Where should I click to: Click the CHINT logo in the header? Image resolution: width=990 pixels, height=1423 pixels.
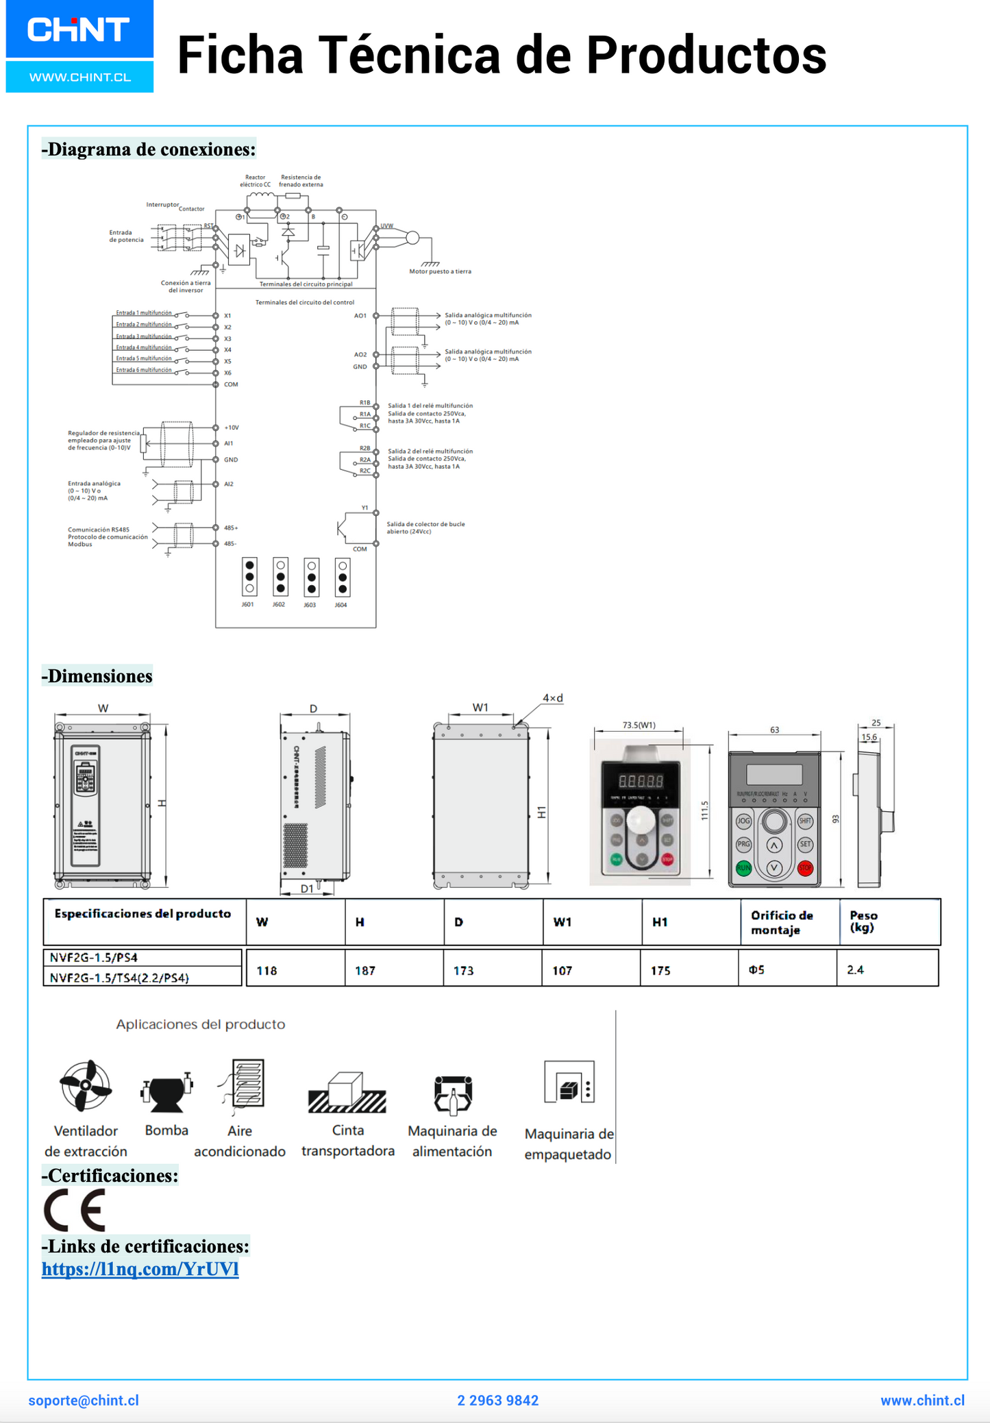(79, 31)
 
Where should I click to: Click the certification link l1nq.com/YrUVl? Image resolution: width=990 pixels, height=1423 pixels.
(140, 1269)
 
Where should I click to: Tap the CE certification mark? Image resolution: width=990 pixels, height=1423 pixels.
(75, 1210)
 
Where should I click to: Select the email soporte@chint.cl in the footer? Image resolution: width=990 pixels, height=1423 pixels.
(84, 1400)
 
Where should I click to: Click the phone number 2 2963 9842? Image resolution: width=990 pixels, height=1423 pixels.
(497, 1400)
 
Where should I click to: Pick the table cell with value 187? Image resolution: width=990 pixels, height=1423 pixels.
(365, 970)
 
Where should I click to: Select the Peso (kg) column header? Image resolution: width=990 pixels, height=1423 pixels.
(863, 921)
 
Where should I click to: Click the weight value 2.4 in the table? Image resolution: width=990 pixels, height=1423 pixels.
(855, 969)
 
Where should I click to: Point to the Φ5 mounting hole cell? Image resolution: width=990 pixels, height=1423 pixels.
(756, 969)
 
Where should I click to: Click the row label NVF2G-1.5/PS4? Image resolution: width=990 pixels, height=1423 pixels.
(94, 957)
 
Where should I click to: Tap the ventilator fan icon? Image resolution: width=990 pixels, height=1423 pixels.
(85, 1085)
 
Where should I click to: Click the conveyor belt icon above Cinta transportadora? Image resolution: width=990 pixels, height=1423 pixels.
(347, 1092)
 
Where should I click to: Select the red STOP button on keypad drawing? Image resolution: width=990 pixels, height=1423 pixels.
(805, 868)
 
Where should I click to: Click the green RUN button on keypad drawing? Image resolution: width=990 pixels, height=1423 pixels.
(743, 868)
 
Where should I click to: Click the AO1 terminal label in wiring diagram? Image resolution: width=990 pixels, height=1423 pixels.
(360, 316)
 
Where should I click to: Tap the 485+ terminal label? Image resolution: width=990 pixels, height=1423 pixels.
(231, 528)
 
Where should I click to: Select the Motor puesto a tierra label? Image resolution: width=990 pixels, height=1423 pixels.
(440, 271)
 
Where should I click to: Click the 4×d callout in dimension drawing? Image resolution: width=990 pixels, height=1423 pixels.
(552, 698)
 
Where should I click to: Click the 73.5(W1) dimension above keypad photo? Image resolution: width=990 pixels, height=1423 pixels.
(639, 724)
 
